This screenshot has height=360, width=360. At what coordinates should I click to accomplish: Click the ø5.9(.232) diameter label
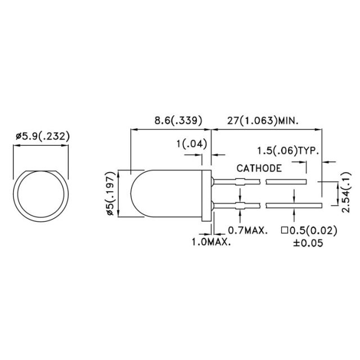point(43,136)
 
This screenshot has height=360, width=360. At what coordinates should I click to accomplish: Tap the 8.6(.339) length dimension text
point(178,120)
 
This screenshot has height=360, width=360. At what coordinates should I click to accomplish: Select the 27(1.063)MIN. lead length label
point(263,120)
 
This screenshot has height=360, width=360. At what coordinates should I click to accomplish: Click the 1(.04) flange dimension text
point(192,144)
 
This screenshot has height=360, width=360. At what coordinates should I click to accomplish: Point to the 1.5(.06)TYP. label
point(288,151)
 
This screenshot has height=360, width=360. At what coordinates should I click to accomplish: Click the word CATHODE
point(259,168)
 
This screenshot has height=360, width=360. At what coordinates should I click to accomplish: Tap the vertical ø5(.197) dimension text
point(111,193)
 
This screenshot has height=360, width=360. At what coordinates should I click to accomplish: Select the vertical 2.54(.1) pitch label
point(346,192)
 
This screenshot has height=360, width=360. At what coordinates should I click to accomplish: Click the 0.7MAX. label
point(248,230)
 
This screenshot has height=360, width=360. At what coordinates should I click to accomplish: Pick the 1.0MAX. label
point(211,242)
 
